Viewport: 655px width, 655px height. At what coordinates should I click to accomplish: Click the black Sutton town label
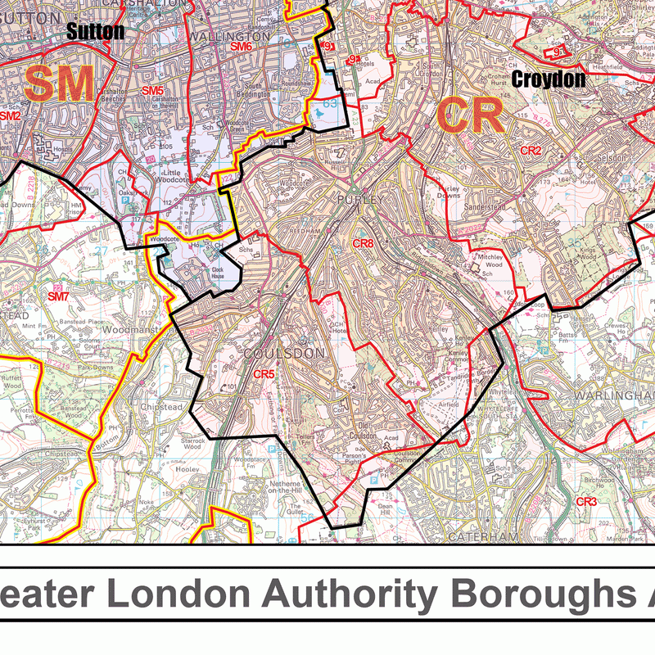[x=95, y=32]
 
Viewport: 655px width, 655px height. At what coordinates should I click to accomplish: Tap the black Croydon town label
[x=549, y=79]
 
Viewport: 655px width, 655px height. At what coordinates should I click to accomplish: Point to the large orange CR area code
[x=469, y=115]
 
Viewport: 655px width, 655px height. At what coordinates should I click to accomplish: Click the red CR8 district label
[x=363, y=244]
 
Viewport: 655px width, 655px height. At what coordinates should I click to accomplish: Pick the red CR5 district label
[x=263, y=374]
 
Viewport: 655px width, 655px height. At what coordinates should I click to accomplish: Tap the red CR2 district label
[x=531, y=151]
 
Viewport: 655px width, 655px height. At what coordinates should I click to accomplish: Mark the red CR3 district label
[x=586, y=501]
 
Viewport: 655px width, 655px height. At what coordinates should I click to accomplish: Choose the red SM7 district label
[x=57, y=296]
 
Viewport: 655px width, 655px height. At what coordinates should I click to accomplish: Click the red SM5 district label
[x=152, y=91]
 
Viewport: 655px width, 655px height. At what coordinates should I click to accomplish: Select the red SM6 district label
[x=241, y=47]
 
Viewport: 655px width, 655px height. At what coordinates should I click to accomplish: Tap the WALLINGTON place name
[x=228, y=36]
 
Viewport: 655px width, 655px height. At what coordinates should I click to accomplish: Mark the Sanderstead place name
[x=463, y=207]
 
